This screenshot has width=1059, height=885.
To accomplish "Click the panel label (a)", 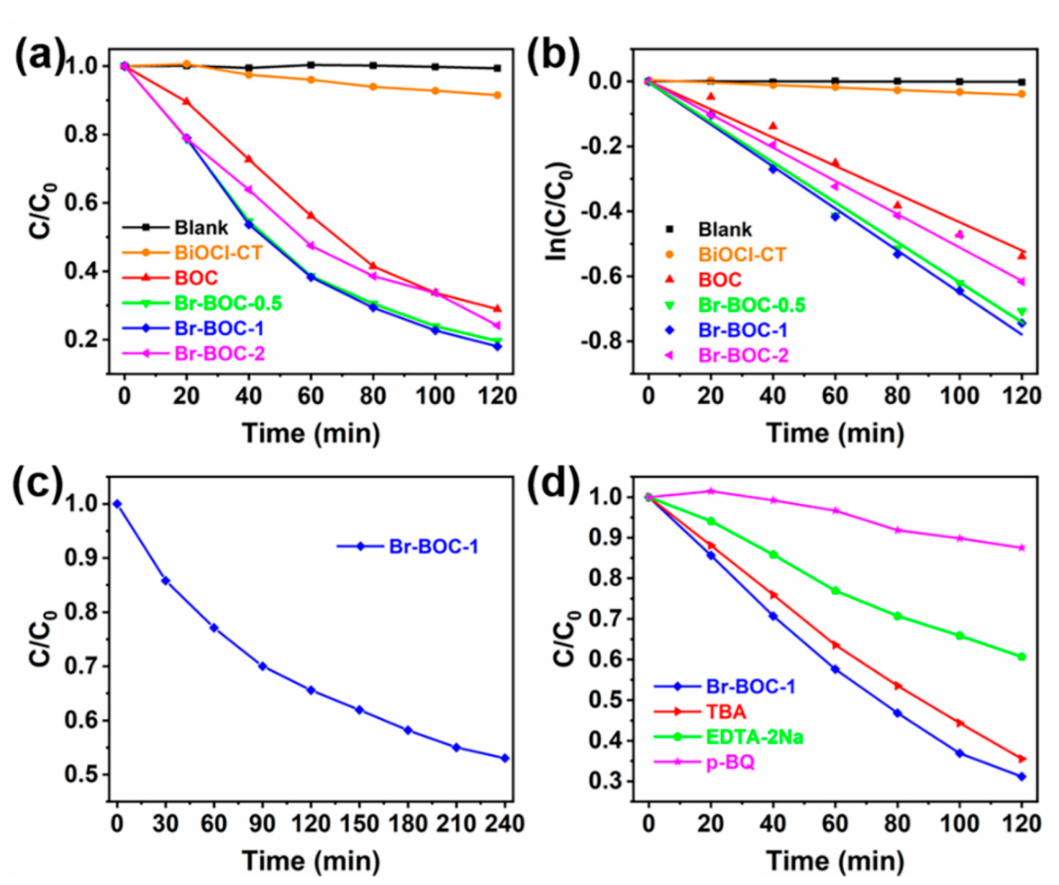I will coord(40,56).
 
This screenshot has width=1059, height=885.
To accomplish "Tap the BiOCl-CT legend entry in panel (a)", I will coord(218,253).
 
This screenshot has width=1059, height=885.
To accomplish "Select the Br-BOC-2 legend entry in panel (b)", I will coord(742,355).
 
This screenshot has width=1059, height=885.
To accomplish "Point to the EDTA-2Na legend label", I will coord(753,737).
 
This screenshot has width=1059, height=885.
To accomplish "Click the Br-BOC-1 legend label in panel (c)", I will coord(433,546).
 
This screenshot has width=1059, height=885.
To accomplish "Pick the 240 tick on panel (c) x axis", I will coord(504,824).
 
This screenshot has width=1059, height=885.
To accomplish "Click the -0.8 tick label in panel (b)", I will coord(601,341).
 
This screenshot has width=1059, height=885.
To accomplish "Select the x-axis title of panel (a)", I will coord(311,434).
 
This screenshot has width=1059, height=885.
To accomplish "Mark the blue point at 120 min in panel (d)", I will coord(1021,777).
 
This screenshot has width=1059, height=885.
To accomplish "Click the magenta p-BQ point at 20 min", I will coord(710,491).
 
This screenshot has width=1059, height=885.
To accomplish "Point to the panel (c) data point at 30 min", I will coord(165,581).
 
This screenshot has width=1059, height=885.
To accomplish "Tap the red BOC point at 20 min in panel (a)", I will coord(186,101).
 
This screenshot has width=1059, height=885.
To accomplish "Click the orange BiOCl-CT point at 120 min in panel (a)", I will coord(497,95).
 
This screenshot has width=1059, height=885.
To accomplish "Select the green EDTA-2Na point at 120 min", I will coord(1021,656).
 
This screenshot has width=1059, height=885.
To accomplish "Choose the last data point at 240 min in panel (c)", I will coord(505,758).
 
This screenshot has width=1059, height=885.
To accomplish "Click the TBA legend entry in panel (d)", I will coord(725,711).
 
